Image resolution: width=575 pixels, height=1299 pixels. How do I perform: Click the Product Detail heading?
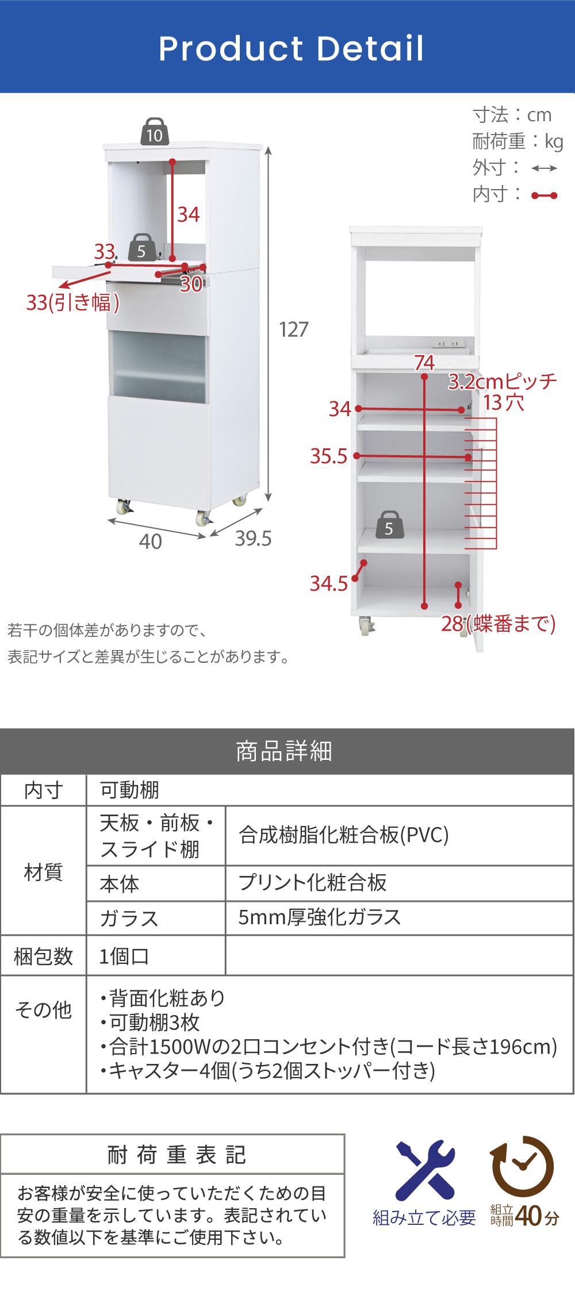click(x=291, y=48)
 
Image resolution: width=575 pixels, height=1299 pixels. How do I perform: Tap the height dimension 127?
click(x=294, y=329)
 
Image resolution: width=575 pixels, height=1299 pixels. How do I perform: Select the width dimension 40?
click(x=150, y=541)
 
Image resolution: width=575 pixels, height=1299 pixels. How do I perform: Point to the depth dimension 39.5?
click(x=253, y=539)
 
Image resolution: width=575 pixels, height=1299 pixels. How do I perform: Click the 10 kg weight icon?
click(x=154, y=132)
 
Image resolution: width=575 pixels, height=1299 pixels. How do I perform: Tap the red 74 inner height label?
click(x=424, y=363)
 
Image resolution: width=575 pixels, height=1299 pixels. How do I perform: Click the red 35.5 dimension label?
click(x=329, y=456)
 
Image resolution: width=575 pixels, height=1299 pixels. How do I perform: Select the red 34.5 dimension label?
click(x=329, y=583)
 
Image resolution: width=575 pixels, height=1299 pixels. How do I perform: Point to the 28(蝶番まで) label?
click(x=498, y=624)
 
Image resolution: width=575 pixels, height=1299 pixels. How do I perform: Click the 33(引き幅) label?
click(x=72, y=302)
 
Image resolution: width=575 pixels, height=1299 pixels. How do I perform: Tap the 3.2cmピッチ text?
click(x=503, y=381)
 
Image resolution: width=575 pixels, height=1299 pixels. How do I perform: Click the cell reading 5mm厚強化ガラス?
click(x=320, y=917)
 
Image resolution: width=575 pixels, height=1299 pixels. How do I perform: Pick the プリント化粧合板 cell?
click(x=312, y=882)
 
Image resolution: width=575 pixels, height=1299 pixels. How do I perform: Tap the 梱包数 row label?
click(x=43, y=956)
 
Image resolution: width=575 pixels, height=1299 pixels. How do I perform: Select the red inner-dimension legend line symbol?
click(x=544, y=195)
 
